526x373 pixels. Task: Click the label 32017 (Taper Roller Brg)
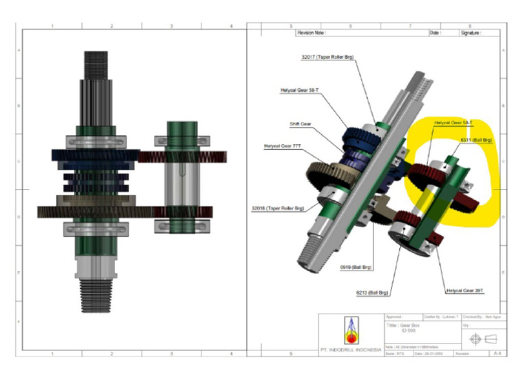click(327, 58)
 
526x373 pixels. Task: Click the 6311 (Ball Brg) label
click(476, 141)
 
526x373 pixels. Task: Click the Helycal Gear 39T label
click(465, 291)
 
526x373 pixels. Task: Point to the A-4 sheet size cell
click(496, 353)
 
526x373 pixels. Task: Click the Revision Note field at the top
click(311, 32)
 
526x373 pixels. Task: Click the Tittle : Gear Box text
click(402, 328)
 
